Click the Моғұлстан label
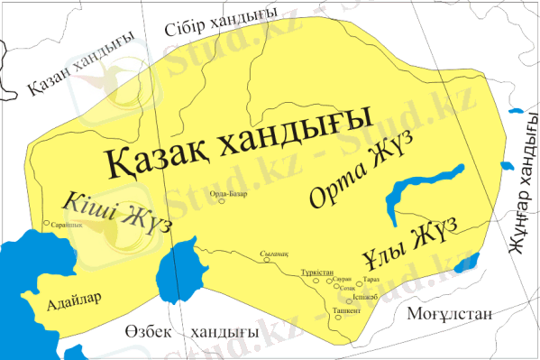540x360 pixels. pyautogui.click(x=450, y=315)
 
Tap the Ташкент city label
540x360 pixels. pyautogui.click(x=347, y=309)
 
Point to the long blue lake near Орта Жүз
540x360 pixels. pyautogui.click(x=424, y=190)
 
